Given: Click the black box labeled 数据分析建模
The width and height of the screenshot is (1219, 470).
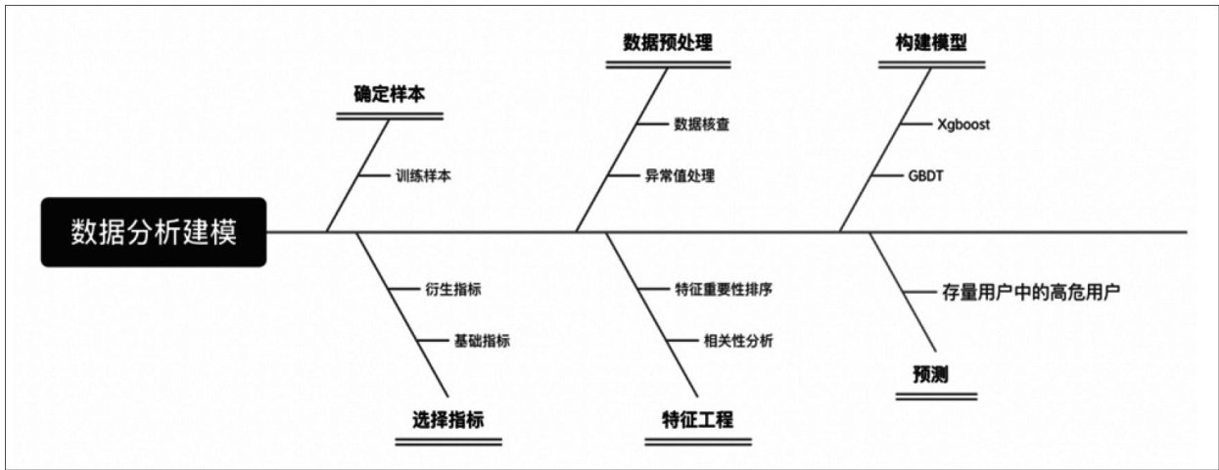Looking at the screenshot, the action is click(x=154, y=232).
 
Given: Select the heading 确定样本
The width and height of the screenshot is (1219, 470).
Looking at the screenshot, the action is click(x=390, y=95).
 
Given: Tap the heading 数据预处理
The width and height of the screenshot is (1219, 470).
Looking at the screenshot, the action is click(x=668, y=42).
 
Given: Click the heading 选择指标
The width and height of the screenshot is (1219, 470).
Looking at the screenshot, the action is click(x=448, y=420).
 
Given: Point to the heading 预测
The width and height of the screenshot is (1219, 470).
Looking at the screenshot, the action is click(x=935, y=374).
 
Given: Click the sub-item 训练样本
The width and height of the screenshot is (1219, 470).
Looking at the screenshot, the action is click(x=423, y=176).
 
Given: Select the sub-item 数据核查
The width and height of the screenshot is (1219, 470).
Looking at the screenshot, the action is click(x=701, y=124).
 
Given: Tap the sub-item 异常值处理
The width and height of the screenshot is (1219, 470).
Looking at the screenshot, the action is click(x=680, y=176).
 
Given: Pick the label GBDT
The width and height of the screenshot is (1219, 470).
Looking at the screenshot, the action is click(x=925, y=176).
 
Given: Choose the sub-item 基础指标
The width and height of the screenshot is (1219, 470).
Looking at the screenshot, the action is click(x=482, y=341).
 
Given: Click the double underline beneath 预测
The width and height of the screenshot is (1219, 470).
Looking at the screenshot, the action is click(x=937, y=397).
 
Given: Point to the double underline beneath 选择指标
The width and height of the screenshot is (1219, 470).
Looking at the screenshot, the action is click(x=448, y=442).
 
